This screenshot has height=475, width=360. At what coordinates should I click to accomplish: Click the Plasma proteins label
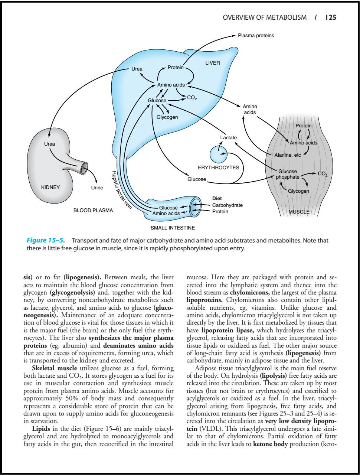256,36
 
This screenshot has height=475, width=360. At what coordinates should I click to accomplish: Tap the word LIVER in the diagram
213,63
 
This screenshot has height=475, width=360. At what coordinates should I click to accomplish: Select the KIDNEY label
50,187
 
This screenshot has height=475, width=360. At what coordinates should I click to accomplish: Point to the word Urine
97,188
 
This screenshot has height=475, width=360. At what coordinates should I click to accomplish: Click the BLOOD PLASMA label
93,210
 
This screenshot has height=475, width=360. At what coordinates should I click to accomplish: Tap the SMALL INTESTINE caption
173,228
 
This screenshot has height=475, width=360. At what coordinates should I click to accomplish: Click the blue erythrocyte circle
218,154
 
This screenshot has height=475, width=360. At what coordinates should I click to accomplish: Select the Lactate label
228,137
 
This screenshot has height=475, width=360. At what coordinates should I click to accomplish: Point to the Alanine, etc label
288,155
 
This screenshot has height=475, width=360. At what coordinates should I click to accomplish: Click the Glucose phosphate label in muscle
288,174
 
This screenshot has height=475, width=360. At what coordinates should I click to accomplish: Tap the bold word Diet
217,199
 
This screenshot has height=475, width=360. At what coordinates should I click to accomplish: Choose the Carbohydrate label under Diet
228,205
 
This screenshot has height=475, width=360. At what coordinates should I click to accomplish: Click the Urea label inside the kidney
50,144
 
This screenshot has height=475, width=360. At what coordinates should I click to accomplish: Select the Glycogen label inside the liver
167,117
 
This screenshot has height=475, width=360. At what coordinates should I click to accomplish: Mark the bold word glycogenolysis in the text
73,293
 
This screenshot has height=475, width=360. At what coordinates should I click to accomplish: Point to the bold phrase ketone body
270,444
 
